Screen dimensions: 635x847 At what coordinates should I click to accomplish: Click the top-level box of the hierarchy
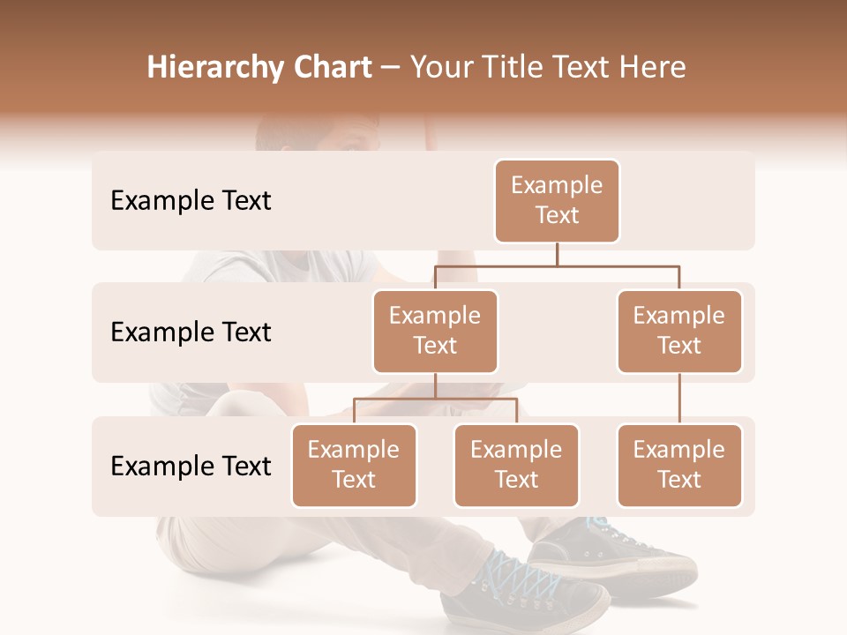click(x=557, y=201)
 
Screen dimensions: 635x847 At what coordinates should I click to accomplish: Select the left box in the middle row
click(x=435, y=332)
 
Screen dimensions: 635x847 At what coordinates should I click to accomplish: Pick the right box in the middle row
click(x=679, y=332)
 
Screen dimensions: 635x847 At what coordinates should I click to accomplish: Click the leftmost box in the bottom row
click(x=354, y=466)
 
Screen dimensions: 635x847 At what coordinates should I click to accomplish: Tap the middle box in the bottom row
click(x=516, y=466)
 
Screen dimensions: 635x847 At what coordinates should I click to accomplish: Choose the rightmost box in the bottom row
click(x=679, y=466)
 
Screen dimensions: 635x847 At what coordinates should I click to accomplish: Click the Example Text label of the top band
click(x=191, y=201)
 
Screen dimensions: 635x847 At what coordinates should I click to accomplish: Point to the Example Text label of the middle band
click(x=191, y=332)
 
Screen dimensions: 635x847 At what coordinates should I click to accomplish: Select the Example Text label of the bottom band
click(x=191, y=466)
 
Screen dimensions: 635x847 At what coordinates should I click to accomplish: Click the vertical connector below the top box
click(x=557, y=254)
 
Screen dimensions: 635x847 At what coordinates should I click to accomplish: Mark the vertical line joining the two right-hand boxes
click(x=679, y=399)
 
